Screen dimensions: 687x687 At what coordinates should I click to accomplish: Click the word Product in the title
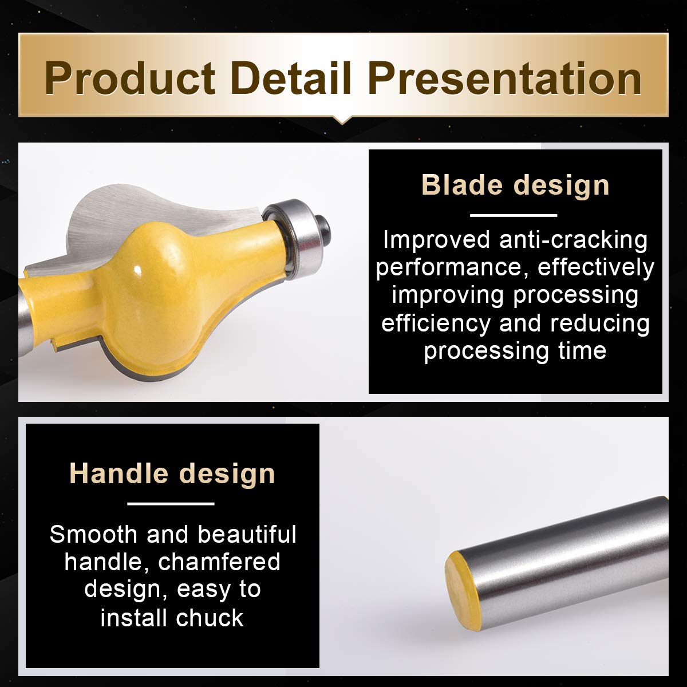tap(130, 79)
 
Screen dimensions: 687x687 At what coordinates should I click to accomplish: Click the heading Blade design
tap(515, 185)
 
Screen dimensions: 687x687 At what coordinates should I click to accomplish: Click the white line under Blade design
tap(514, 215)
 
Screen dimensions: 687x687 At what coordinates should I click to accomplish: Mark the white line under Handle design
tap(171, 504)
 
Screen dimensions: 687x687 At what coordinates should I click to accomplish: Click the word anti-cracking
tap(573, 240)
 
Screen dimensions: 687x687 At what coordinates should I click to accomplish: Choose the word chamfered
tap(219, 562)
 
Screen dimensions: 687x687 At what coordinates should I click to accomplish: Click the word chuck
tap(210, 618)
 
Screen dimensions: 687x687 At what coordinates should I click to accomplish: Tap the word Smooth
tap(93, 534)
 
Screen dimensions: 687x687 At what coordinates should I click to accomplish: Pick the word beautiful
tap(247, 534)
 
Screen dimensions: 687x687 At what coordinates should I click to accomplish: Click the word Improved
tap(437, 239)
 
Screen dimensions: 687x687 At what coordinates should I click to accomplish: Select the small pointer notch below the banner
tap(342, 120)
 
